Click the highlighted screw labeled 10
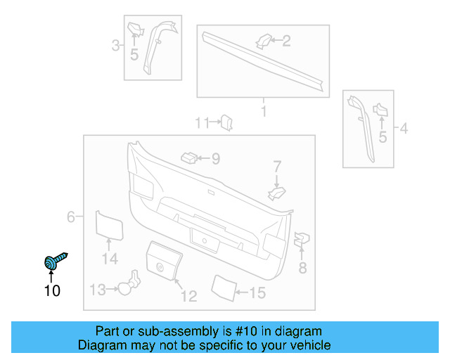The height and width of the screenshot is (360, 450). point(53,262)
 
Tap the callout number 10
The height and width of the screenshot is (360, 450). point(52,290)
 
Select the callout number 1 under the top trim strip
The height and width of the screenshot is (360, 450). point(264,111)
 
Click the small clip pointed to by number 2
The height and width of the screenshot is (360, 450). point(264,41)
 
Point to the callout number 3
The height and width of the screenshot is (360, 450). point(115,46)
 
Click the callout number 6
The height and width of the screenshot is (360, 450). point(70,217)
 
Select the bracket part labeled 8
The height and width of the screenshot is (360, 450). point(300,240)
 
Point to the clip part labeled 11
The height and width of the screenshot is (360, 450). point(227,123)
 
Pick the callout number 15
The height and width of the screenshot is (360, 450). point(257,292)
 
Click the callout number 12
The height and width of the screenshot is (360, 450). point(188,296)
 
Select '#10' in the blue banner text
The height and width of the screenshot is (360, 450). point(247,331)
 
